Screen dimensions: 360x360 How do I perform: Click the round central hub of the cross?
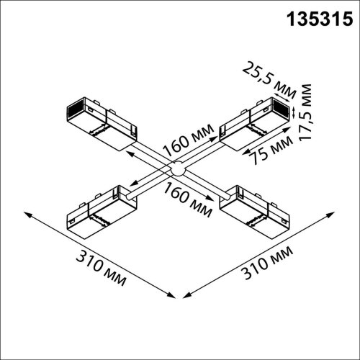[177, 171]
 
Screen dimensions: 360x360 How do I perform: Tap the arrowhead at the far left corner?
[27, 214]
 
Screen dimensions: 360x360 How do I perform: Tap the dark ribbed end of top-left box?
[72, 110]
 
